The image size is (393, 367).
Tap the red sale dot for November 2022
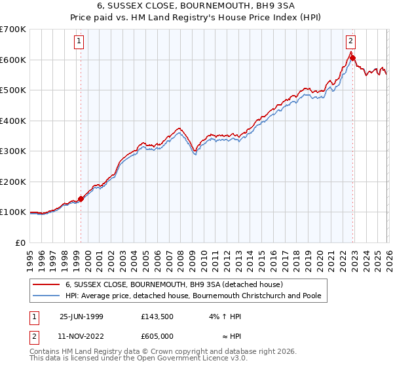[352, 58]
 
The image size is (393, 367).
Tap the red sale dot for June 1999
[81, 199]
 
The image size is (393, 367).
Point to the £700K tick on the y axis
[13, 29]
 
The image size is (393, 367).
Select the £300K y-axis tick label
[13, 151]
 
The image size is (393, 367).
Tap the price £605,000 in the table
[157, 336]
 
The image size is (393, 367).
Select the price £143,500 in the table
[157, 316]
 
